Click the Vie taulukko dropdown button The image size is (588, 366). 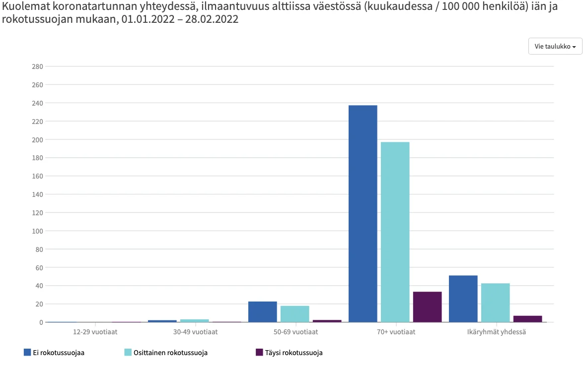[555, 46]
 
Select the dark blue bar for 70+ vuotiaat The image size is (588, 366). [363, 213]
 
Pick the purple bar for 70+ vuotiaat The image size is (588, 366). [427, 307]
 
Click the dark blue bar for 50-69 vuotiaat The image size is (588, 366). [262, 312]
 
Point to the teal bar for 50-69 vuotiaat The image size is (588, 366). [294, 314]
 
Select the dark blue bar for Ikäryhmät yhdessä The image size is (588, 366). [463, 299]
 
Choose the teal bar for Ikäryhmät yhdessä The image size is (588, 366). [495, 303]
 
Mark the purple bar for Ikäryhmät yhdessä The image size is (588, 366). [527, 319]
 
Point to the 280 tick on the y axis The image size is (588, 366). [38, 66]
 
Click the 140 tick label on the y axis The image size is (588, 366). [38, 194]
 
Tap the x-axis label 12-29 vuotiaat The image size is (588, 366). [95, 332]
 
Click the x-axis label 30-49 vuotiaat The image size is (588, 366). [195, 332]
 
